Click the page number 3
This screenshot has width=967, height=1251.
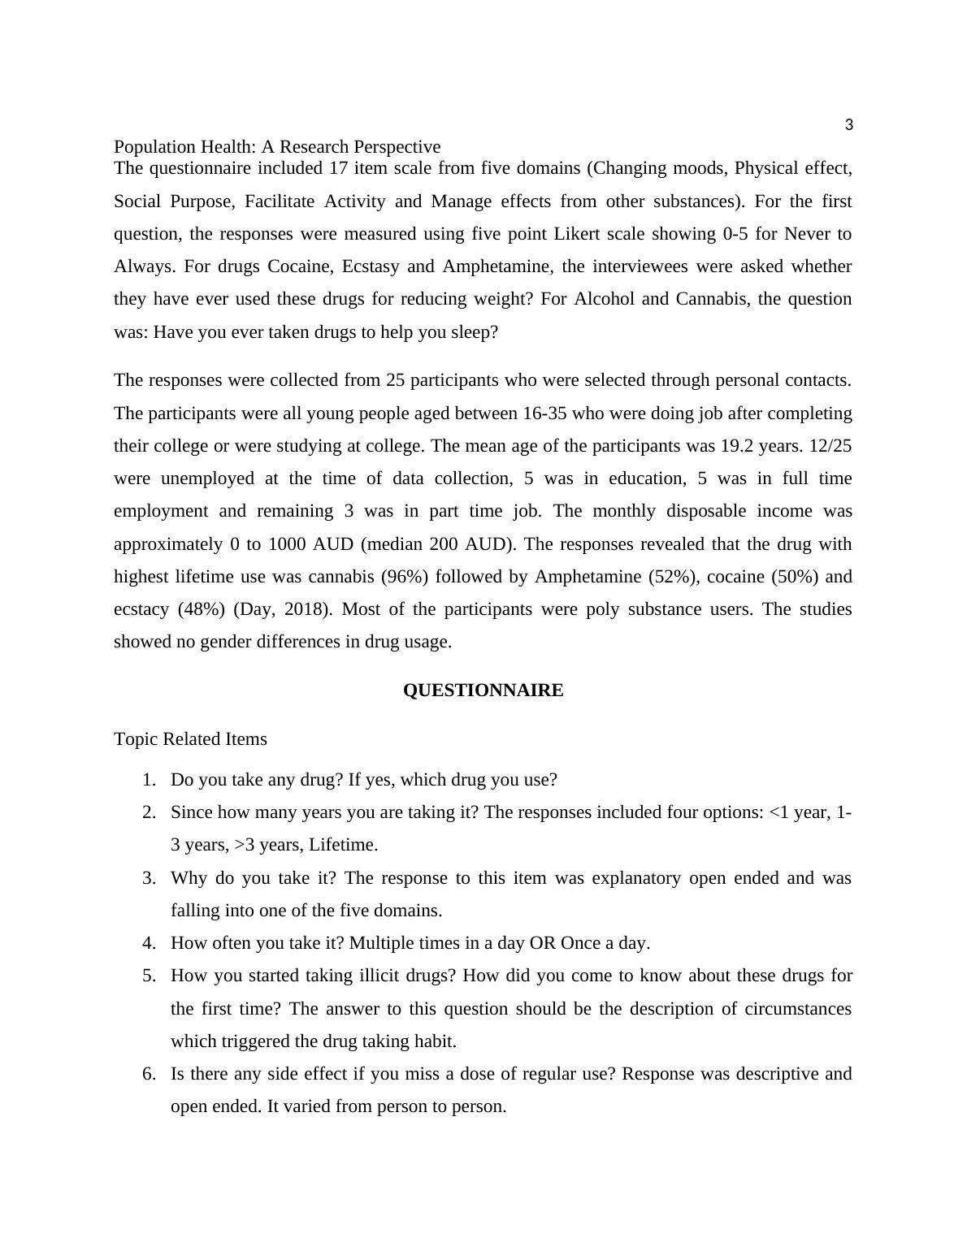[x=848, y=125]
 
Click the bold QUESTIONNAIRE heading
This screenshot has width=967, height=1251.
[x=483, y=690]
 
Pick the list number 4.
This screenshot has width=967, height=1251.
[x=149, y=943]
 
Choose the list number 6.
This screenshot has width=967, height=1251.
[x=149, y=1074]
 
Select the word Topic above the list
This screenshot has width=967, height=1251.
[x=136, y=739]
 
